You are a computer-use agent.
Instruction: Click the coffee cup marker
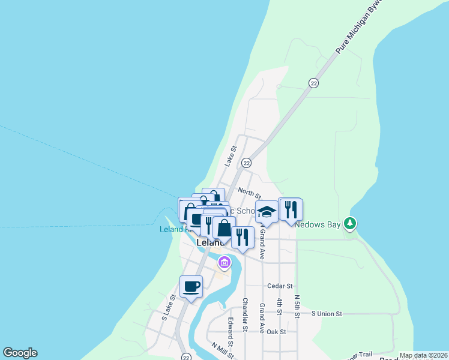tap(191, 287)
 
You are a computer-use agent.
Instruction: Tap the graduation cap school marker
tap(267, 211)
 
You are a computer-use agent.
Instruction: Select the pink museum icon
tap(224, 262)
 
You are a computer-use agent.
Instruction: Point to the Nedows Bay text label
tap(318, 224)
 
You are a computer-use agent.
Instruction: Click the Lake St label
tap(231, 156)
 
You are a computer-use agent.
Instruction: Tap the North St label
tap(249, 193)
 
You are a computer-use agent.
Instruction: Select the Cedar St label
tap(280, 286)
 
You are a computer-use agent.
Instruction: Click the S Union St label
tap(326, 313)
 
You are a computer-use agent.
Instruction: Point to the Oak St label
tap(277, 331)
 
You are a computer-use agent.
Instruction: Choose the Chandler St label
tap(245, 315)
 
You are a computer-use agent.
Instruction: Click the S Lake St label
tap(167, 307)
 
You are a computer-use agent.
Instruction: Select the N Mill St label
tap(222, 350)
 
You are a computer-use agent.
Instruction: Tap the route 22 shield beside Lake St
tap(246, 163)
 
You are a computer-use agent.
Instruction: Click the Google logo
tap(20, 353)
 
